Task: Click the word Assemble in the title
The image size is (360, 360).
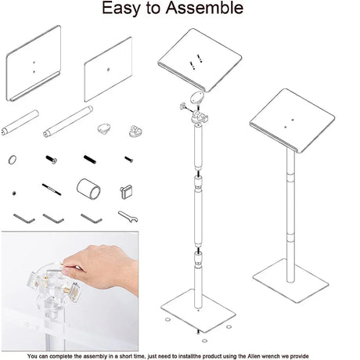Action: point(204,8)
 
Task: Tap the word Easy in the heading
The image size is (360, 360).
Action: point(121,9)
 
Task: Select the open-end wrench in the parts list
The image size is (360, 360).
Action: point(128,217)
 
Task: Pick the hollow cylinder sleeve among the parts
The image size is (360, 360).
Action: point(88,189)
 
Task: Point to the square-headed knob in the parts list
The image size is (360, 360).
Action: point(126,192)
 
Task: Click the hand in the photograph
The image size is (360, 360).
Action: point(102,268)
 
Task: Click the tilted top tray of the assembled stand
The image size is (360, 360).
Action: point(292,121)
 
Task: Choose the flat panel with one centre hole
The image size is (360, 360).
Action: point(108,70)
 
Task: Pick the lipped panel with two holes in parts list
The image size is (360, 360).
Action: point(34,63)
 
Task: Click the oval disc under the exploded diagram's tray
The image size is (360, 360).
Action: point(196,98)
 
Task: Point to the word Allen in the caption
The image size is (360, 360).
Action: point(255,356)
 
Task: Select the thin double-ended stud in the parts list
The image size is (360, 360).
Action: point(52,189)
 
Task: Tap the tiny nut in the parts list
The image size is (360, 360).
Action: point(14,193)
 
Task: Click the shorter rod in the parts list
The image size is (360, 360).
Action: point(20,123)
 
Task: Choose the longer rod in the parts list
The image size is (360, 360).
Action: point(68,121)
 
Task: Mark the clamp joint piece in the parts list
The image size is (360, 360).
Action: point(135,131)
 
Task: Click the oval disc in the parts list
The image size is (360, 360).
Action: point(105,128)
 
